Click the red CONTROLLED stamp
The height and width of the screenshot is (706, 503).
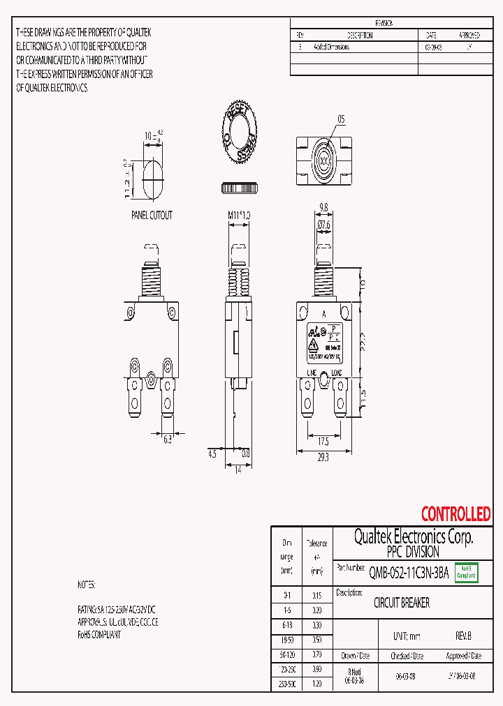coord(455,515)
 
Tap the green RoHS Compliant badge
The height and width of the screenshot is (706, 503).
coord(466,572)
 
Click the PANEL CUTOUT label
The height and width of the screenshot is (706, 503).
coord(152,216)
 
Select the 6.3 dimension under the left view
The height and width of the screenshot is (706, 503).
coord(168,440)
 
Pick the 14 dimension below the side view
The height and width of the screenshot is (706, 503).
coord(237,471)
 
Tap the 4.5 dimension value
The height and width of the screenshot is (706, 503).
coord(212,453)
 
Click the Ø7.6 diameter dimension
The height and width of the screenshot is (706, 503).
coord(323,224)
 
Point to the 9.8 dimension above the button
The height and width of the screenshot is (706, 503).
coord(323,206)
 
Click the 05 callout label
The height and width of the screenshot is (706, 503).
coord(341,119)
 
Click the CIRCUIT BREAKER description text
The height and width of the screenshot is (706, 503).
coord(402,603)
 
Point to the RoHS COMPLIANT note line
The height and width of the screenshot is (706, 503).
coord(99,635)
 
